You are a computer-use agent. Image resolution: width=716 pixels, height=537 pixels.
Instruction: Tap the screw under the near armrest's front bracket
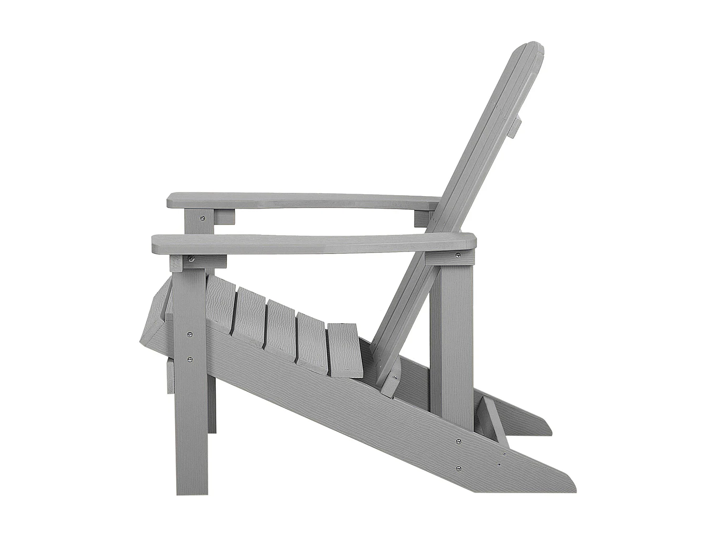191,259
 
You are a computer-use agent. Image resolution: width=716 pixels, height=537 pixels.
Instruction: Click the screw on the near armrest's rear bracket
458,255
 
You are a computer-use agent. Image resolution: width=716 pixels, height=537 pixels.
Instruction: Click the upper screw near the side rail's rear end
459,442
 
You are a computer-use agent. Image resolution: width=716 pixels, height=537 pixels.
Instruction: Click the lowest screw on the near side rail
459,469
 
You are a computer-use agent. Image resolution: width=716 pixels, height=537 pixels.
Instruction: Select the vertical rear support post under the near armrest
451,339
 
